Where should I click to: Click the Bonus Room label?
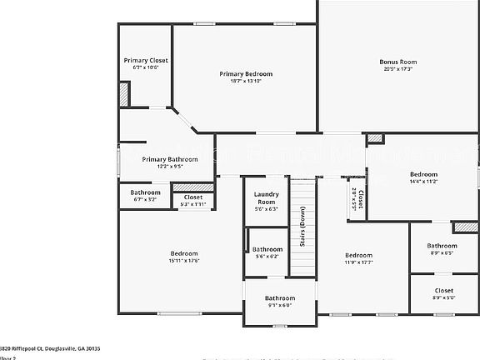(397, 62)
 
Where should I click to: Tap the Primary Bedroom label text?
(246, 74)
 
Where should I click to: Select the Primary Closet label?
(146, 61)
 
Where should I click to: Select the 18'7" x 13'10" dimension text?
(246, 81)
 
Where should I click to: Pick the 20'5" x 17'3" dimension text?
(397, 68)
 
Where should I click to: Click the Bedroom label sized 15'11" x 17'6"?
(184, 253)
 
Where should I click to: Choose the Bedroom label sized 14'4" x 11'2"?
(423, 174)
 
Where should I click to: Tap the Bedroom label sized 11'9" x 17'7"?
(358, 255)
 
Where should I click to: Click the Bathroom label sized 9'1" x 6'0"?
(279, 297)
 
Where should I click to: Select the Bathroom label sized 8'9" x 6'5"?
(442, 246)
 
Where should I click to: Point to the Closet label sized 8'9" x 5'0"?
(443, 291)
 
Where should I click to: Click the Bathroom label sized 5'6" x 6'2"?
(267, 249)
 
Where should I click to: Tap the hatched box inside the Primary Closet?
(125, 96)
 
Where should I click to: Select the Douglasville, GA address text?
(50, 349)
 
